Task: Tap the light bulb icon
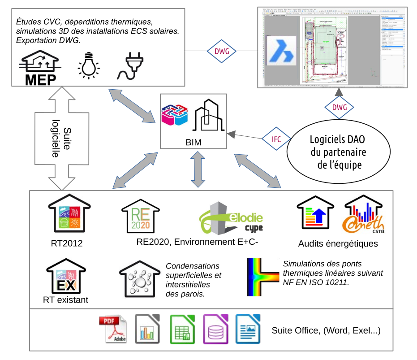[89, 65]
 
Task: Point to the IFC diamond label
[276, 139]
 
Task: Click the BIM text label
[193, 143]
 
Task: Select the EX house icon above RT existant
[66, 277]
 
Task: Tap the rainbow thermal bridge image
[263, 277]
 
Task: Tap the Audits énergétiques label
[338, 244]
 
